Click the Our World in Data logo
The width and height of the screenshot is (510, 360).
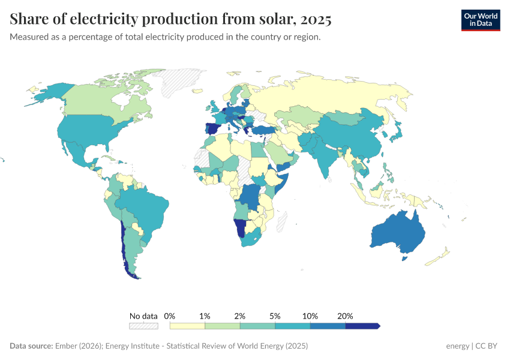click(480, 19)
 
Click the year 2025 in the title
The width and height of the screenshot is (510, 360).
click(316, 19)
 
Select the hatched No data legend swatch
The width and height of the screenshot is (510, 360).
click(143, 326)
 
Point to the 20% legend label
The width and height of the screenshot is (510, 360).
click(345, 316)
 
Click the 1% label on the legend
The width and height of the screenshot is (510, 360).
click(205, 316)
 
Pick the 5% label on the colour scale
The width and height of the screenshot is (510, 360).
click(275, 316)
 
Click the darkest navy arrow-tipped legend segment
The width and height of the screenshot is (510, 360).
click(362, 326)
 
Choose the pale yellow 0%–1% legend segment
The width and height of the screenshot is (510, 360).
click(187, 326)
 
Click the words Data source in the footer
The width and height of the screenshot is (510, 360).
click(31, 346)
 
